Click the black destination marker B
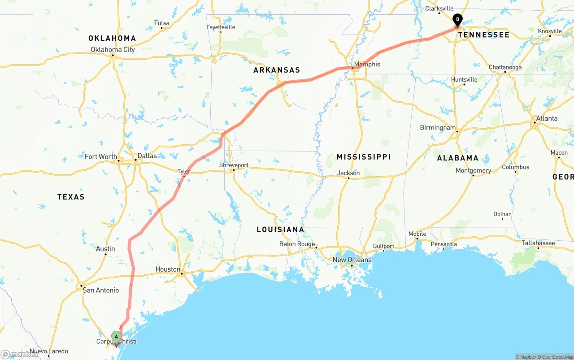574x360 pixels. coord(457,20)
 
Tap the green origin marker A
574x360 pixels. coord(116,337)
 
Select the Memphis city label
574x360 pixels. coord(367,64)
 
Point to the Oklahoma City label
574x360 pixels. coord(113,50)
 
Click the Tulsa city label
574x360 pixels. coord(161,23)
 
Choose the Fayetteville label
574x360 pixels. coord(221,27)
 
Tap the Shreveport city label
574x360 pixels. coord(234,165)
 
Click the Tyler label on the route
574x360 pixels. coord(184,171)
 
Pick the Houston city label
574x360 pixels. coord(168,269)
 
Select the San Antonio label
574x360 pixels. coord(101,290)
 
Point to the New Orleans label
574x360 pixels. coord(352,260)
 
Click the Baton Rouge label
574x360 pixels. coord(297,244)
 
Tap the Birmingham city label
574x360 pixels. coord(438,128)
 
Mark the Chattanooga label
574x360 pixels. coord(505,68)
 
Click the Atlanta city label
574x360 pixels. coord(547,118)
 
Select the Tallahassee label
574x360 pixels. coord(538,243)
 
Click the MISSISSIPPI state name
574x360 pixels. coord(364,157)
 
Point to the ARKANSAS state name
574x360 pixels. coord(277,70)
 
